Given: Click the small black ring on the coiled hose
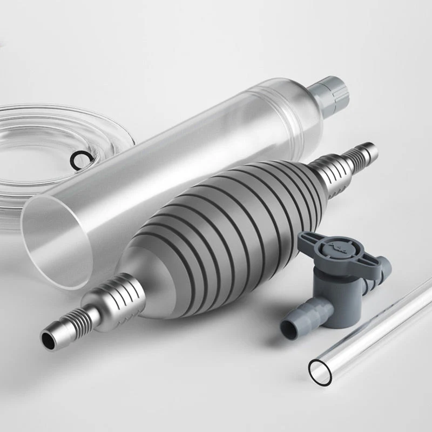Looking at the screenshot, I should pos(78,158).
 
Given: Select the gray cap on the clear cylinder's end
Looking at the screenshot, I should pos(330,92).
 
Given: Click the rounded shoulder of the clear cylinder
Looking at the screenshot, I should pos(302,108).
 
